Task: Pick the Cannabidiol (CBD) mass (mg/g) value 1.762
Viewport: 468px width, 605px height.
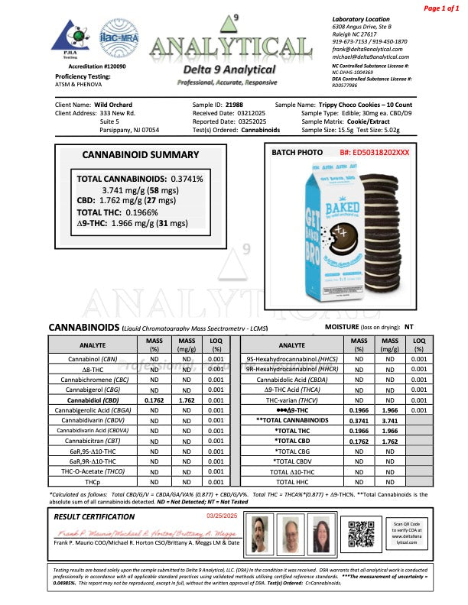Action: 185,399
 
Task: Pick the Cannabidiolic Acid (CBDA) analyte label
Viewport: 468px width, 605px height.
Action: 291,378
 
